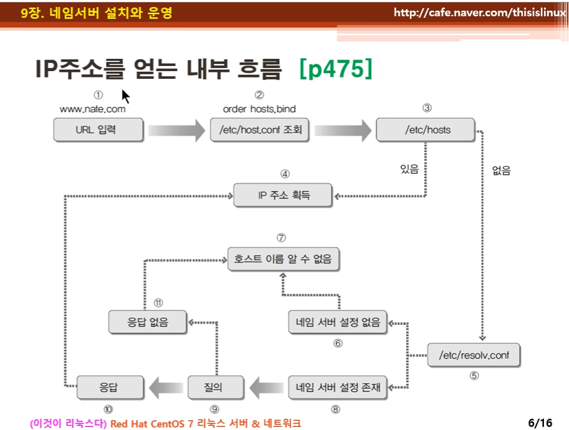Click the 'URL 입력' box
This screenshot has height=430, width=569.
coord(98,130)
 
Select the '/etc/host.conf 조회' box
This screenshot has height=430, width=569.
coord(260,130)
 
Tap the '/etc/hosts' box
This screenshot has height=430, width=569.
coord(426,130)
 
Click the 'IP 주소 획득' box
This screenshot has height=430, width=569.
coord(283,195)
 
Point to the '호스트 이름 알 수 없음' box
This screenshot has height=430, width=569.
coord(284,260)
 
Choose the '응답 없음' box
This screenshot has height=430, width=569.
coord(148,322)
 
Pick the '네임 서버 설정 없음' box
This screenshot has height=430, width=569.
coord(338,322)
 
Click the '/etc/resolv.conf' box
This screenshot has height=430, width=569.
coord(474,355)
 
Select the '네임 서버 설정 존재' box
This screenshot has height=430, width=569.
coord(338,388)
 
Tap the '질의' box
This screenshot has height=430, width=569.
coord(216,388)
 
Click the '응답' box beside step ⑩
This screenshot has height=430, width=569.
coord(110,388)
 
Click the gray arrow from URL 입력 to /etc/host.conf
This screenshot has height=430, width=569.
coord(176,131)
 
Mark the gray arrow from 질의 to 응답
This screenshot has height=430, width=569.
coord(166,388)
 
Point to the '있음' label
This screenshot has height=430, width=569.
coord(409,169)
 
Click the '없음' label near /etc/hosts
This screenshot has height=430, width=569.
coord(502,170)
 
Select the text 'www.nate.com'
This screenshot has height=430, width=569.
coord(92,109)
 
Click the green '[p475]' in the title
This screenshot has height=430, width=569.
coord(336,69)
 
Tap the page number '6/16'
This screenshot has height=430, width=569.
coord(540,423)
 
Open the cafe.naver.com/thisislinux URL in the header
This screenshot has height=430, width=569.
coord(480,13)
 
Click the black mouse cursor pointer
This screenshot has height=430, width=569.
coord(126,96)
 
